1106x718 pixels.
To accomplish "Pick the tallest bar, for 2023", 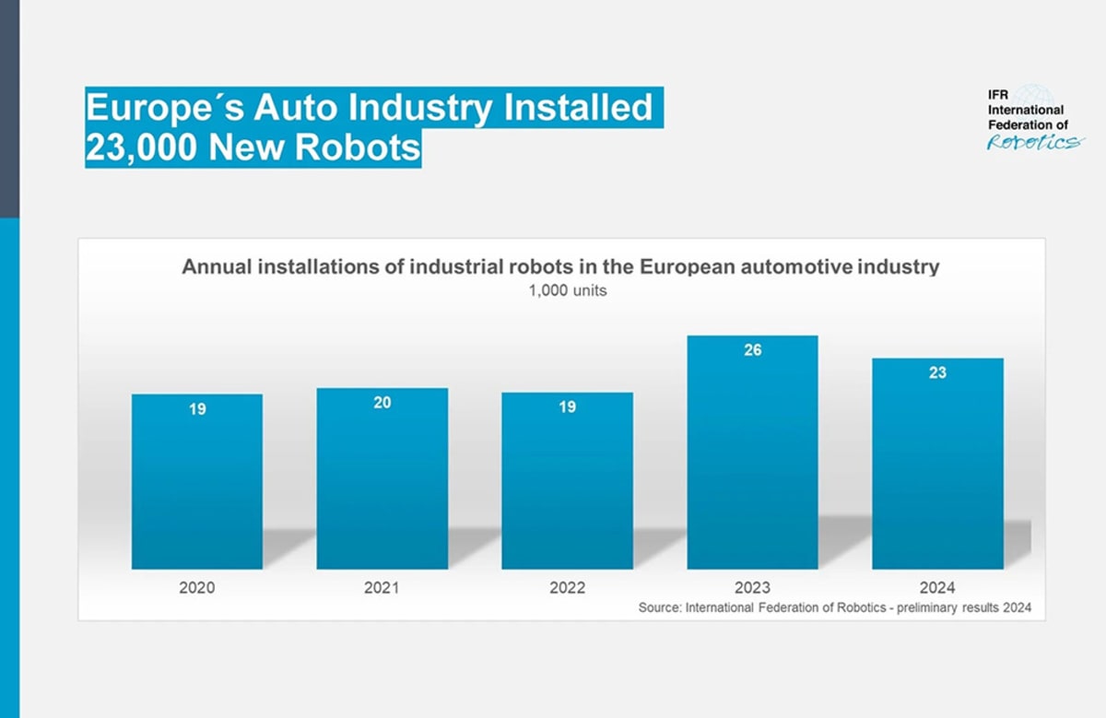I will [x=752, y=452].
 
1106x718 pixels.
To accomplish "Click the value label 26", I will [x=752, y=350].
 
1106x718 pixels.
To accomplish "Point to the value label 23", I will [x=937, y=373].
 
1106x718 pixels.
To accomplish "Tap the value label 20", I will [x=382, y=403].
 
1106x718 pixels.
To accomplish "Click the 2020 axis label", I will [x=196, y=587].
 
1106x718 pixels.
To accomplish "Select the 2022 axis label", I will [x=567, y=587].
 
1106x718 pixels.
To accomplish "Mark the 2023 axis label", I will [x=752, y=587].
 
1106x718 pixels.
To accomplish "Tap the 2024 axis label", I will [x=937, y=587].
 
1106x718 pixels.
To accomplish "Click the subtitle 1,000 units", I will [x=560, y=292].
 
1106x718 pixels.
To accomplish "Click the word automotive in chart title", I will [x=797, y=267].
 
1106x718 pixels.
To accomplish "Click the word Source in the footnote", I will [x=659, y=608].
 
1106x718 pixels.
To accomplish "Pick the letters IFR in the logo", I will [x=999, y=95].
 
